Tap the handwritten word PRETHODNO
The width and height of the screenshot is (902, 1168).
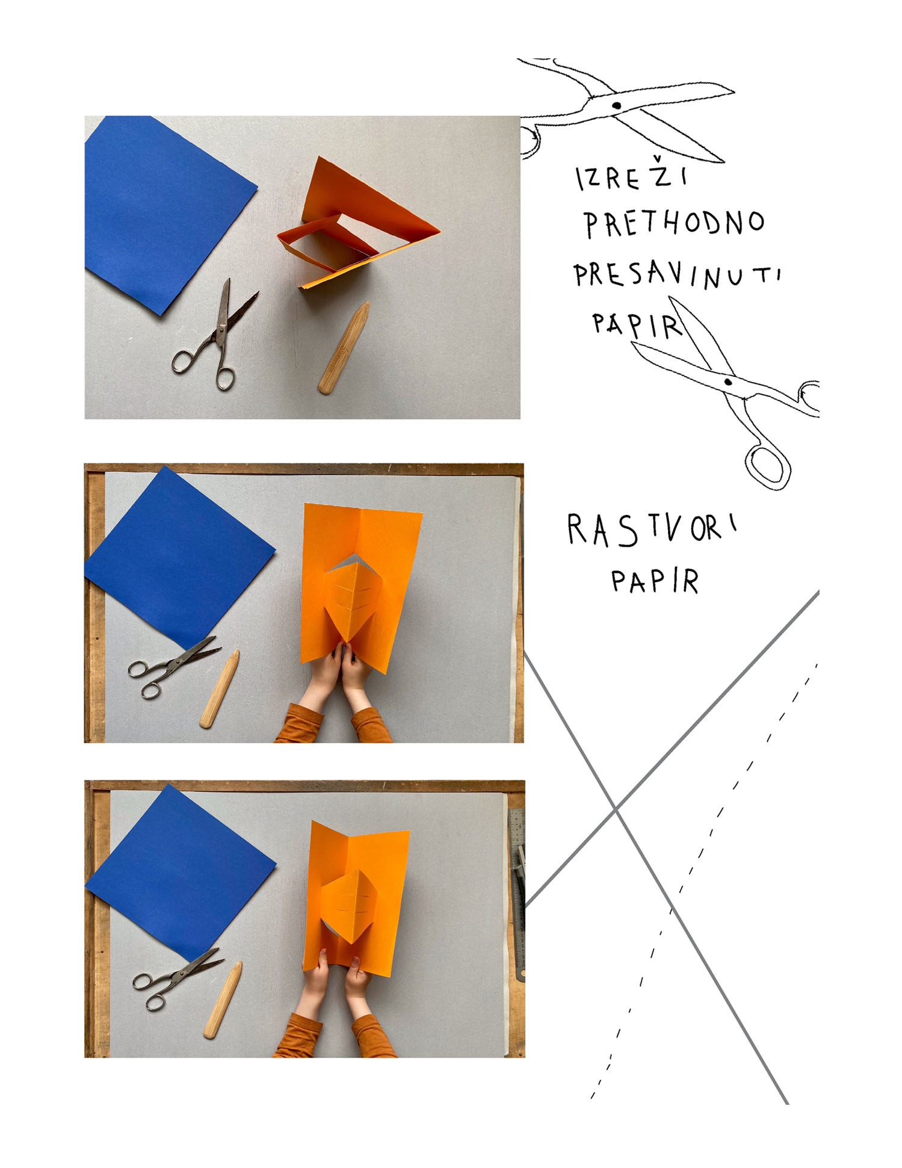coord(674,223)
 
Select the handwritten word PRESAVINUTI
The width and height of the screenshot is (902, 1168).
coord(677,276)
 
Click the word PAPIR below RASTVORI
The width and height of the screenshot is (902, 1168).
coord(655,581)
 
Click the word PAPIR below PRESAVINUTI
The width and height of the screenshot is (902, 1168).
coord(637,325)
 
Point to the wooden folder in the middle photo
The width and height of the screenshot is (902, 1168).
coord(220,689)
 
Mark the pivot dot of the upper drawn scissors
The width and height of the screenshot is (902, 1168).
coord(616,106)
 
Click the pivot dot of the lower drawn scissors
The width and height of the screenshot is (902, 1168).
coord(728,382)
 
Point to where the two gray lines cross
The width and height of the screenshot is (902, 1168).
coord(616,810)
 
